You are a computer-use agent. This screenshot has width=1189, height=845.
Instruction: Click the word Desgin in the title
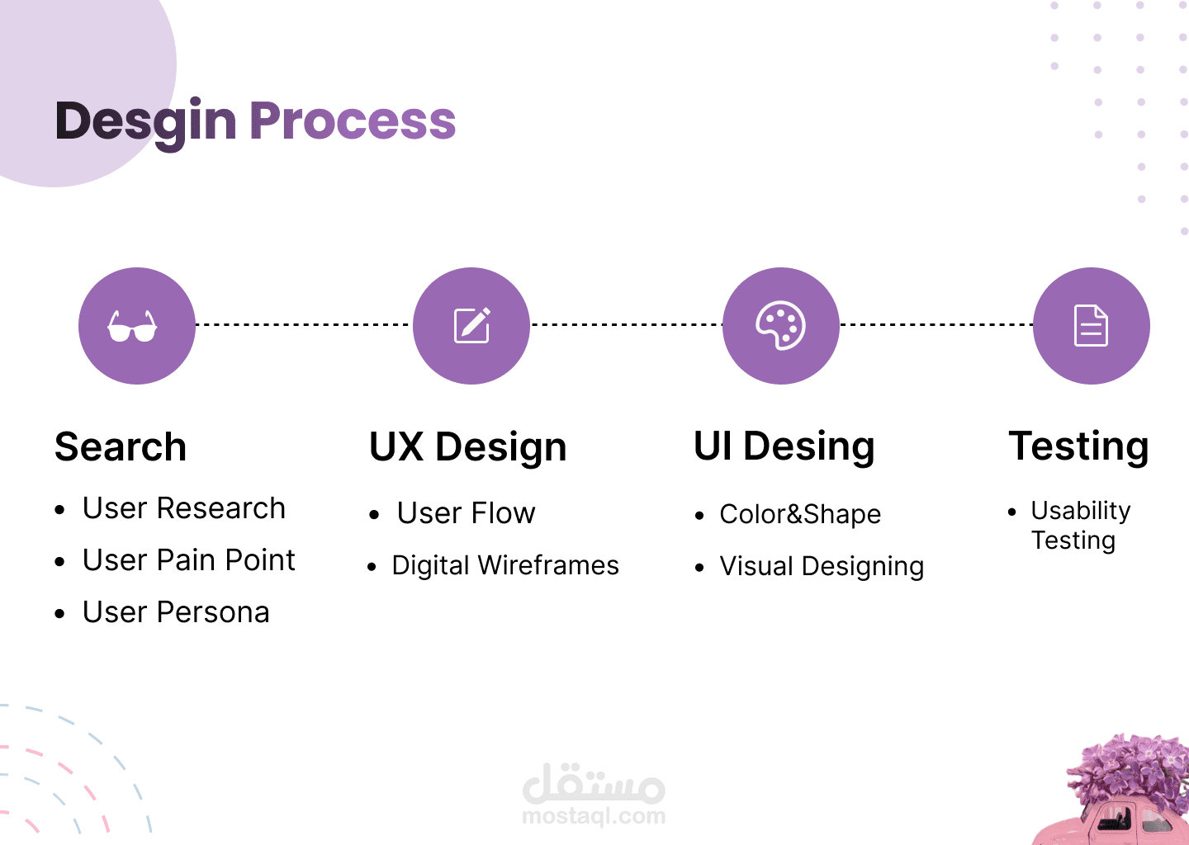[x=146, y=121]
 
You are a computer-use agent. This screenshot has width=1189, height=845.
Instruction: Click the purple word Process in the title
[x=353, y=121]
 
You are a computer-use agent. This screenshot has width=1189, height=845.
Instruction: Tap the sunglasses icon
[x=132, y=326]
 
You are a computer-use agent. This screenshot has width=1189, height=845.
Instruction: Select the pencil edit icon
[x=472, y=325]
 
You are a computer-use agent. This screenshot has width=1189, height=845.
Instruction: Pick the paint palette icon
[x=780, y=325]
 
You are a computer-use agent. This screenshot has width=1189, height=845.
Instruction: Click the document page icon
[x=1091, y=325]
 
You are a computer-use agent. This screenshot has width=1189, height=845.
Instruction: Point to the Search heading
[x=121, y=447]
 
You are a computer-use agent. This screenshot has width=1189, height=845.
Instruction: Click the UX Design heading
[x=467, y=447]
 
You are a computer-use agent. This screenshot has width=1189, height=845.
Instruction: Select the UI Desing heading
[x=784, y=446]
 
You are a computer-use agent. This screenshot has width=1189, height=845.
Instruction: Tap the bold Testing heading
[x=1078, y=446]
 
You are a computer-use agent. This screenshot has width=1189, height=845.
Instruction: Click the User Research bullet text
[x=184, y=508]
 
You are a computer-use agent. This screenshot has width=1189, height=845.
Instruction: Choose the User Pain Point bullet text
[x=188, y=560]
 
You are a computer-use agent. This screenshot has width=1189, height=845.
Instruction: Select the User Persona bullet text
[x=176, y=612]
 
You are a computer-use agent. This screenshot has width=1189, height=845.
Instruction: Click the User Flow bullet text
[x=466, y=513]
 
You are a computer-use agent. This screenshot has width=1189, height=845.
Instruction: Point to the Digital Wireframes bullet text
[x=505, y=565]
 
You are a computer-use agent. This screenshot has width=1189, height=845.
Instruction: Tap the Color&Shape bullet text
[x=800, y=514]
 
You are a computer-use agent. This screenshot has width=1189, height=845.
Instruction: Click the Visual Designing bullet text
[x=822, y=566]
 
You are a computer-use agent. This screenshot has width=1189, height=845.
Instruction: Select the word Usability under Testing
[x=1081, y=511]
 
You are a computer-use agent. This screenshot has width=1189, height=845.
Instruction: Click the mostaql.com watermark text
[x=594, y=816]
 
